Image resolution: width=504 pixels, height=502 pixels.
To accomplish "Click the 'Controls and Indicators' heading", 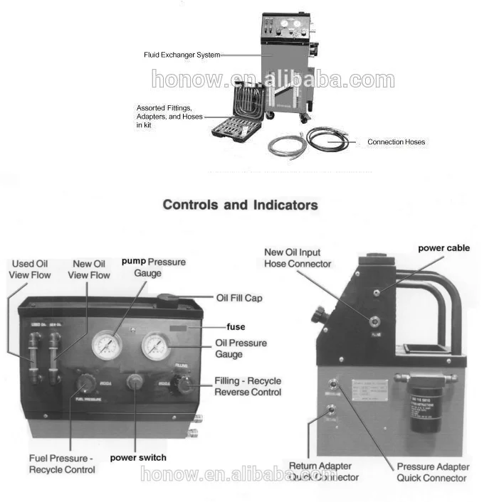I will pyautogui.click(x=240, y=205).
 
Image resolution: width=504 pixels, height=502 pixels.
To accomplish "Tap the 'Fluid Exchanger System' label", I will pyautogui.click(x=182, y=55).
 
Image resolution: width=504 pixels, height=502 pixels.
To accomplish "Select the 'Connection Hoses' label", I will pyautogui.click(x=396, y=142).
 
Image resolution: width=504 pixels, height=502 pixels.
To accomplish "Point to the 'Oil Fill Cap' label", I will pyautogui.click(x=238, y=298).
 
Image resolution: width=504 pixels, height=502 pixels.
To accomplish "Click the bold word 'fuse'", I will pyautogui.click(x=235, y=327).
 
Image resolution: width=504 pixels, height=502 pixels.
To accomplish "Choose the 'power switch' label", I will pyautogui.click(x=138, y=457).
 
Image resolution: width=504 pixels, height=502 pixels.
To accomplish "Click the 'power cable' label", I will pyautogui.click(x=443, y=248).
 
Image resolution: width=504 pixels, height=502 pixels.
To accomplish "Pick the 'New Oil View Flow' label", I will pyautogui.click(x=91, y=269).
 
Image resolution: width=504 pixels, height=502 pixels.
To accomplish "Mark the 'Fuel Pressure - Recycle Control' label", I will pyautogui.click(x=61, y=464).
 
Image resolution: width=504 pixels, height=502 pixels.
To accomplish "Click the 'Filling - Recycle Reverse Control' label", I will pyautogui.click(x=248, y=386).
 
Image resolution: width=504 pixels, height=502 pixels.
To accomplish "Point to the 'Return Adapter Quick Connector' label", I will pyautogui.click(x=324, y=471).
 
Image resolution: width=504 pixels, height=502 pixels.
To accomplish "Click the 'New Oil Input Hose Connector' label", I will pyautogui.click(x=298, y=257).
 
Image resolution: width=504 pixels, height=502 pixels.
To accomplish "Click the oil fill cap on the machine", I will pyautogui.click(x=172, y=299).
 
